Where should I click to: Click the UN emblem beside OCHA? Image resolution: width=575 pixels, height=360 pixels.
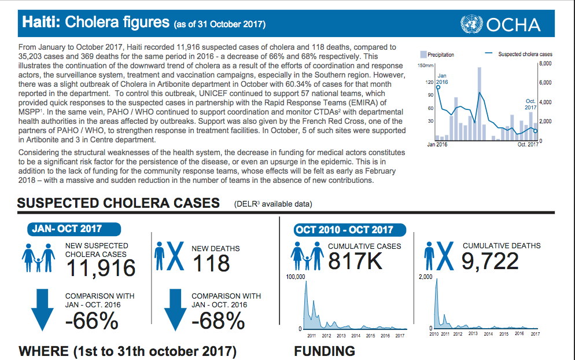tap(471, 24)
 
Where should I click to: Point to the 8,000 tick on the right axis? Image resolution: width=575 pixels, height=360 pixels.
tap(546, 63)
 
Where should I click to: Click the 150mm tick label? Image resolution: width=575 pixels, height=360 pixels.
tap(425, 67)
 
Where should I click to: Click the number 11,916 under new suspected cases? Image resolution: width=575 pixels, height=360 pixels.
tap(101, 268)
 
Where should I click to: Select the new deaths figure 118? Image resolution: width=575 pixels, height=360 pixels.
tap(211, 263)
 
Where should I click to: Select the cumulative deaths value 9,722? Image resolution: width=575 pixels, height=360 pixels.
tap(490, 262)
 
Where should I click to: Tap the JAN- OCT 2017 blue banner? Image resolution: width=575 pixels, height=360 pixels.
tap(67, 229)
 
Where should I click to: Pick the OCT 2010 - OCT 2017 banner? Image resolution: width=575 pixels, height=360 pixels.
tap(344, 230)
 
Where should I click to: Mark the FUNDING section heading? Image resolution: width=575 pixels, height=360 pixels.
tap(324, 351)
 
